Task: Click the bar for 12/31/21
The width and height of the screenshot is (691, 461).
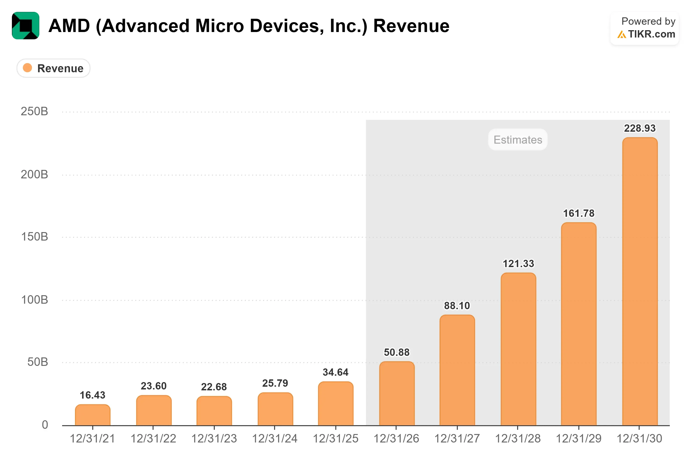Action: [x=93, y=415]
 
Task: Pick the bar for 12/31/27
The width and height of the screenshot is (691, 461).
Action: [x=457, y=370]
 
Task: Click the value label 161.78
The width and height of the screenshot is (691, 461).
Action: [x=579, y=213]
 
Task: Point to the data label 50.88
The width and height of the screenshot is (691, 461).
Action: [x=397, y=352]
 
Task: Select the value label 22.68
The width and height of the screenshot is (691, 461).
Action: [x=214, y=387]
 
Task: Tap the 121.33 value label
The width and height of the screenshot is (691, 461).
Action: [x=518, y=263]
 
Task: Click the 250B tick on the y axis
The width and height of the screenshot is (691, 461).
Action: [x=34, y=111]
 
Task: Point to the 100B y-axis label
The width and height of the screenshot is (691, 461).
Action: [x=34, y=300]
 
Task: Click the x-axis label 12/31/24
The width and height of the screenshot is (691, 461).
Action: [x=275, y=439]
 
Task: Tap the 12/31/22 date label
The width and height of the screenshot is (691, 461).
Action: [x=153, y=439]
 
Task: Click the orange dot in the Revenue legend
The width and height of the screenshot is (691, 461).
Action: [x=27, y=68]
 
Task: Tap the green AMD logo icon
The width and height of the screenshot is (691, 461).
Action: [x=26, y=26]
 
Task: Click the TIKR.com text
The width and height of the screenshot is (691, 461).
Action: [x=652, y=34]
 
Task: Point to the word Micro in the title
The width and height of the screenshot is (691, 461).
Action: [x=219, y=26]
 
